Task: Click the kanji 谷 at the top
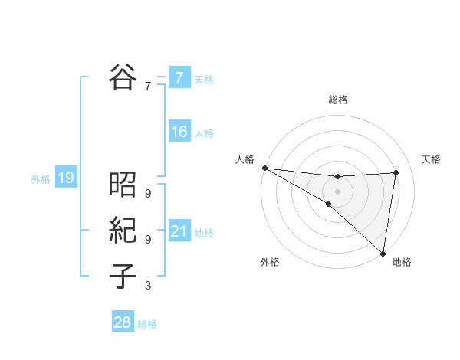123,77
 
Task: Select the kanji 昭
123,185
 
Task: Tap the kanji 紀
123,230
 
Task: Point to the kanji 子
123,276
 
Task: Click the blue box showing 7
179,78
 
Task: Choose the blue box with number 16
179,133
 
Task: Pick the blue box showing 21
179,231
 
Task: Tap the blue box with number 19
65,178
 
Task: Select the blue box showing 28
123,322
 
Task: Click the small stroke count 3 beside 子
147,286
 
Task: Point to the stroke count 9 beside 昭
147,194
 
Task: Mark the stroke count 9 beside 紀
147,239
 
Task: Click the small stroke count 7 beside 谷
147,87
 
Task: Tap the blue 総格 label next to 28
147,324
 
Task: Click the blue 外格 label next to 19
41,179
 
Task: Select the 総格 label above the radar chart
337,100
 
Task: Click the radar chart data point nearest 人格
264,168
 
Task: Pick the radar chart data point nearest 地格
383,253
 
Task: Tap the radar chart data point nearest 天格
396,172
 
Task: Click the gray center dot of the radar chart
337,191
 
